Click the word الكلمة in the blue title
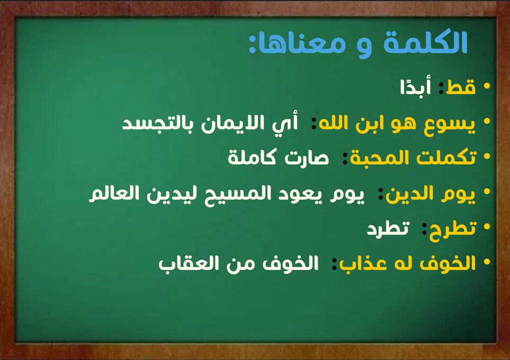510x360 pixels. click(x=425, y=42)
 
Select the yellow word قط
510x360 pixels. click(x=461, y=86)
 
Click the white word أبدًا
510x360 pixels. click(x=416, y=85)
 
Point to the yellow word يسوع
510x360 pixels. click(x=449, y=124)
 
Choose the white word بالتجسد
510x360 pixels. click(x=158, y=124)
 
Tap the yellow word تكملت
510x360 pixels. click(x=446, y=157)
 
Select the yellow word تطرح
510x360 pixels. click(x=453, y=229)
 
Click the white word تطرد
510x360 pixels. click(x=388, y=229)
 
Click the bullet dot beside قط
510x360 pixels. click(x=487, y=86)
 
